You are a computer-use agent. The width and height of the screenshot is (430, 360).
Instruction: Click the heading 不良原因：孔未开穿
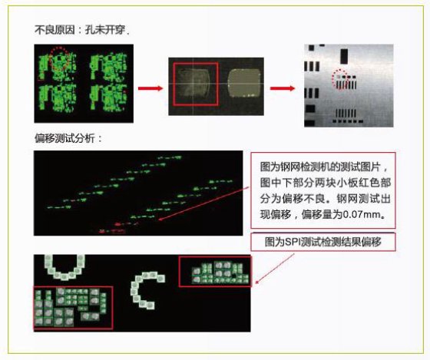pos(81,30)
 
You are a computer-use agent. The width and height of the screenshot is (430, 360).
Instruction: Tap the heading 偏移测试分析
pos(68,138)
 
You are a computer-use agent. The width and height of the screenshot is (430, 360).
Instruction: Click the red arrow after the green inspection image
pos(150,88)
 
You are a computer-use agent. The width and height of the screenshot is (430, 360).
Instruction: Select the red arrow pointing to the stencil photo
pos(283,88)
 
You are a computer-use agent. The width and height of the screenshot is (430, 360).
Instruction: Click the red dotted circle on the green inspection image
pos(60,60)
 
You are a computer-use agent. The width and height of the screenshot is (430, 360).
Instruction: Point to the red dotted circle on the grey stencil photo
pos(340,79)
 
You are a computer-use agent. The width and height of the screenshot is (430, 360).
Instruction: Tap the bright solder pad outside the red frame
pos(244,83)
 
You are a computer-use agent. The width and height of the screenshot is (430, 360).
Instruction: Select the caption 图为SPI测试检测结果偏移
pos(322,242)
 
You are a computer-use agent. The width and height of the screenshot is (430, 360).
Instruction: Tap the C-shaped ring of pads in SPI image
pos(134,291)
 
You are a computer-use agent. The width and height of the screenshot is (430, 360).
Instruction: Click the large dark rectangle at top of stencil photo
pos(344,56)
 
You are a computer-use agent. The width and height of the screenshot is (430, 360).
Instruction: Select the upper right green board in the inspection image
pos(109,67)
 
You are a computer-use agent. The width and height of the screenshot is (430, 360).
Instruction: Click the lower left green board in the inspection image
pos(58,98)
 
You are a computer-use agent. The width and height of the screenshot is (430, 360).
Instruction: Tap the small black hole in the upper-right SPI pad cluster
pos(234,276)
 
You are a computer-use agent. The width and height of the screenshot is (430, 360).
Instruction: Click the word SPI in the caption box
pos(293,242)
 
